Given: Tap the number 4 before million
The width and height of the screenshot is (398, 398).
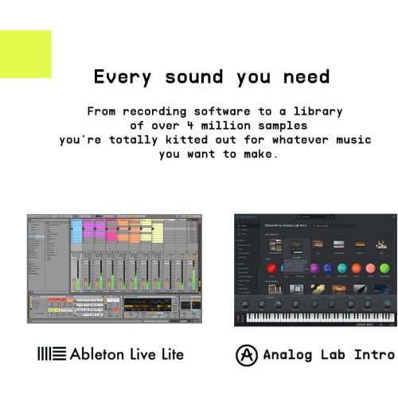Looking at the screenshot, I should [x=198, y=126].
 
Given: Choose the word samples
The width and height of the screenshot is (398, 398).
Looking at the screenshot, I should [x=281, y=126].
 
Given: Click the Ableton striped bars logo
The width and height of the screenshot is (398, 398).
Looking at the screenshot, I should [x=50, y=353].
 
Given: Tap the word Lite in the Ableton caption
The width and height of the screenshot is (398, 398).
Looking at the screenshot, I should [x=169, y=353].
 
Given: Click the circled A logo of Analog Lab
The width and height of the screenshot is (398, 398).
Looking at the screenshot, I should [x=247, y=354].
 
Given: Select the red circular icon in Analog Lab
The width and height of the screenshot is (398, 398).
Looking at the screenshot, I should [x=271, y=269].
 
